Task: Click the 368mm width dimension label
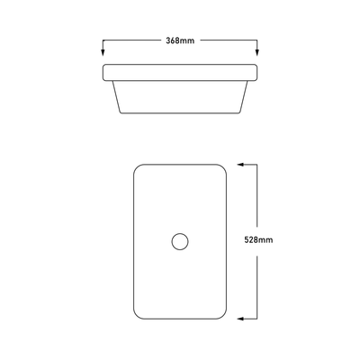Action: [x=180, y=41]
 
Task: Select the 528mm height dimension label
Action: [x=258, y=240]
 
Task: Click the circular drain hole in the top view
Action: [x=180, y=241]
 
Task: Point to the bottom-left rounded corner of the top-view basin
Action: [x=139, y=314]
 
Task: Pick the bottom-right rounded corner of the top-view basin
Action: [x=221, y=314]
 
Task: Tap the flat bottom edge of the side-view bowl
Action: [x=180, y=112]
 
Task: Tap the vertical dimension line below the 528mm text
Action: [x=258, y=283]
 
